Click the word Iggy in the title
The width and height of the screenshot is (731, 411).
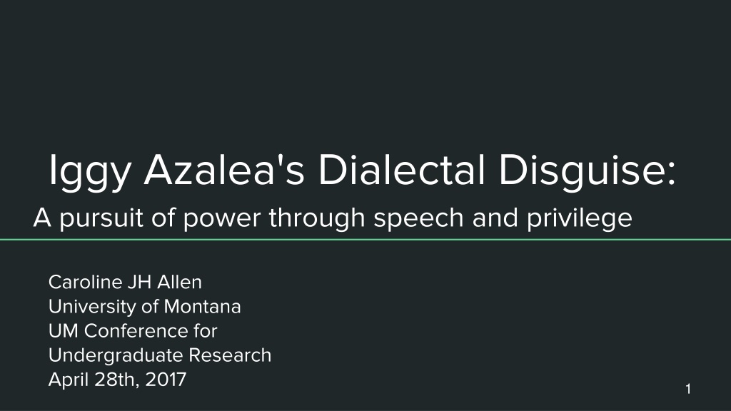[89, 172]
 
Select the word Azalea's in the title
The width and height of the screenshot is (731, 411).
[224, 170]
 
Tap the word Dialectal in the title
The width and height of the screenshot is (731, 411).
[402, 170]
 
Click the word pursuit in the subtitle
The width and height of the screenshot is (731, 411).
[101, 218]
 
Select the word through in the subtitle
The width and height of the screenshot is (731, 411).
[317, 218]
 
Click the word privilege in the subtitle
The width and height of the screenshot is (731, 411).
[580, 218]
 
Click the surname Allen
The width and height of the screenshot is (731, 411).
[179, 283]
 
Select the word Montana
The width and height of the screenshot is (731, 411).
[202, 307]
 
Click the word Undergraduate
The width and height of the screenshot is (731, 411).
[116, 356]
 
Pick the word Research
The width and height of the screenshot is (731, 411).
[230, 355]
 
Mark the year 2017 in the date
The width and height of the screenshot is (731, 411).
[166, 380]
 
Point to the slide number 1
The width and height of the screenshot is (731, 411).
[688, 389]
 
